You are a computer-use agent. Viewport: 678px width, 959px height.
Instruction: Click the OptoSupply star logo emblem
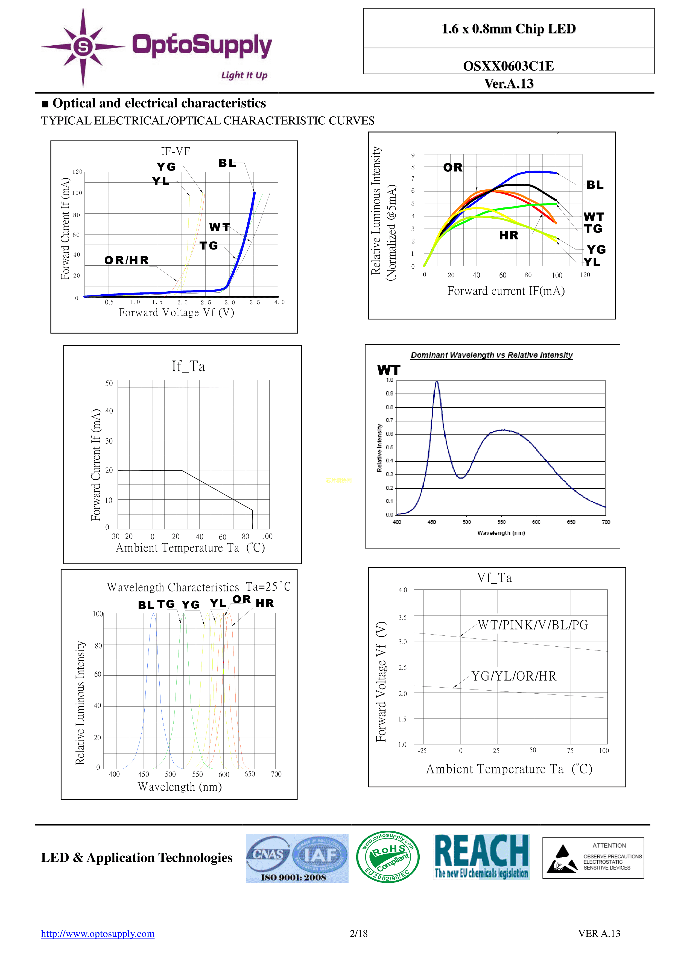[x=83, y=47]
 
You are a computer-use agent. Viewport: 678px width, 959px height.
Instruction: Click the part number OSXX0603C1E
[x=508, y=66]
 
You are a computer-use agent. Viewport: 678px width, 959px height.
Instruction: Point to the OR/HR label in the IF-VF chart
[x=127, y=260]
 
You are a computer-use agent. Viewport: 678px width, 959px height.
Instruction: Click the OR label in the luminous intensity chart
[x=453, y=168]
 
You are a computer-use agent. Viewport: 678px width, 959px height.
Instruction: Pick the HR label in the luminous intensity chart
[x=508, y=236]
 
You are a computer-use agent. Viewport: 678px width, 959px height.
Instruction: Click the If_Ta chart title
[x=188, y=366]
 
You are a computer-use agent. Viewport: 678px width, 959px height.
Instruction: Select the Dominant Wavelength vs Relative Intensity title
[x=492, y=355]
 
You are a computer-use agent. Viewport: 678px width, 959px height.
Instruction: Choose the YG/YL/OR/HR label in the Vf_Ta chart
[x=514, y=676]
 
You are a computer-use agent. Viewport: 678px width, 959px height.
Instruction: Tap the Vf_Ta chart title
[x=494, y=578]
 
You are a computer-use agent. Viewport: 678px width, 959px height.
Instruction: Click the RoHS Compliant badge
[x=388, y=857]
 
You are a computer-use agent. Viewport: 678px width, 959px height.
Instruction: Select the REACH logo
[x=482, y=857]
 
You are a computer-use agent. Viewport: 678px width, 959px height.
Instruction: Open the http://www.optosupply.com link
[x=98, y=934]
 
